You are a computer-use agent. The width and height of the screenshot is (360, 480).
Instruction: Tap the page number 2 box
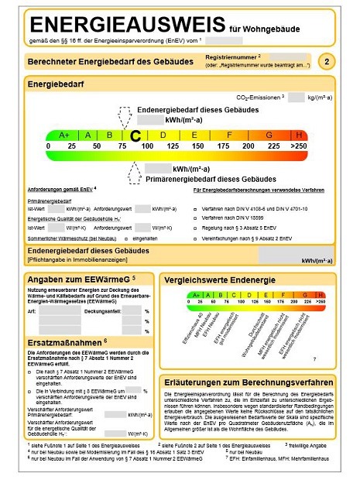(328, 61)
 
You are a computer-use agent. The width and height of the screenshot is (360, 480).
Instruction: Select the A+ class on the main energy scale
(63, 135)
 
